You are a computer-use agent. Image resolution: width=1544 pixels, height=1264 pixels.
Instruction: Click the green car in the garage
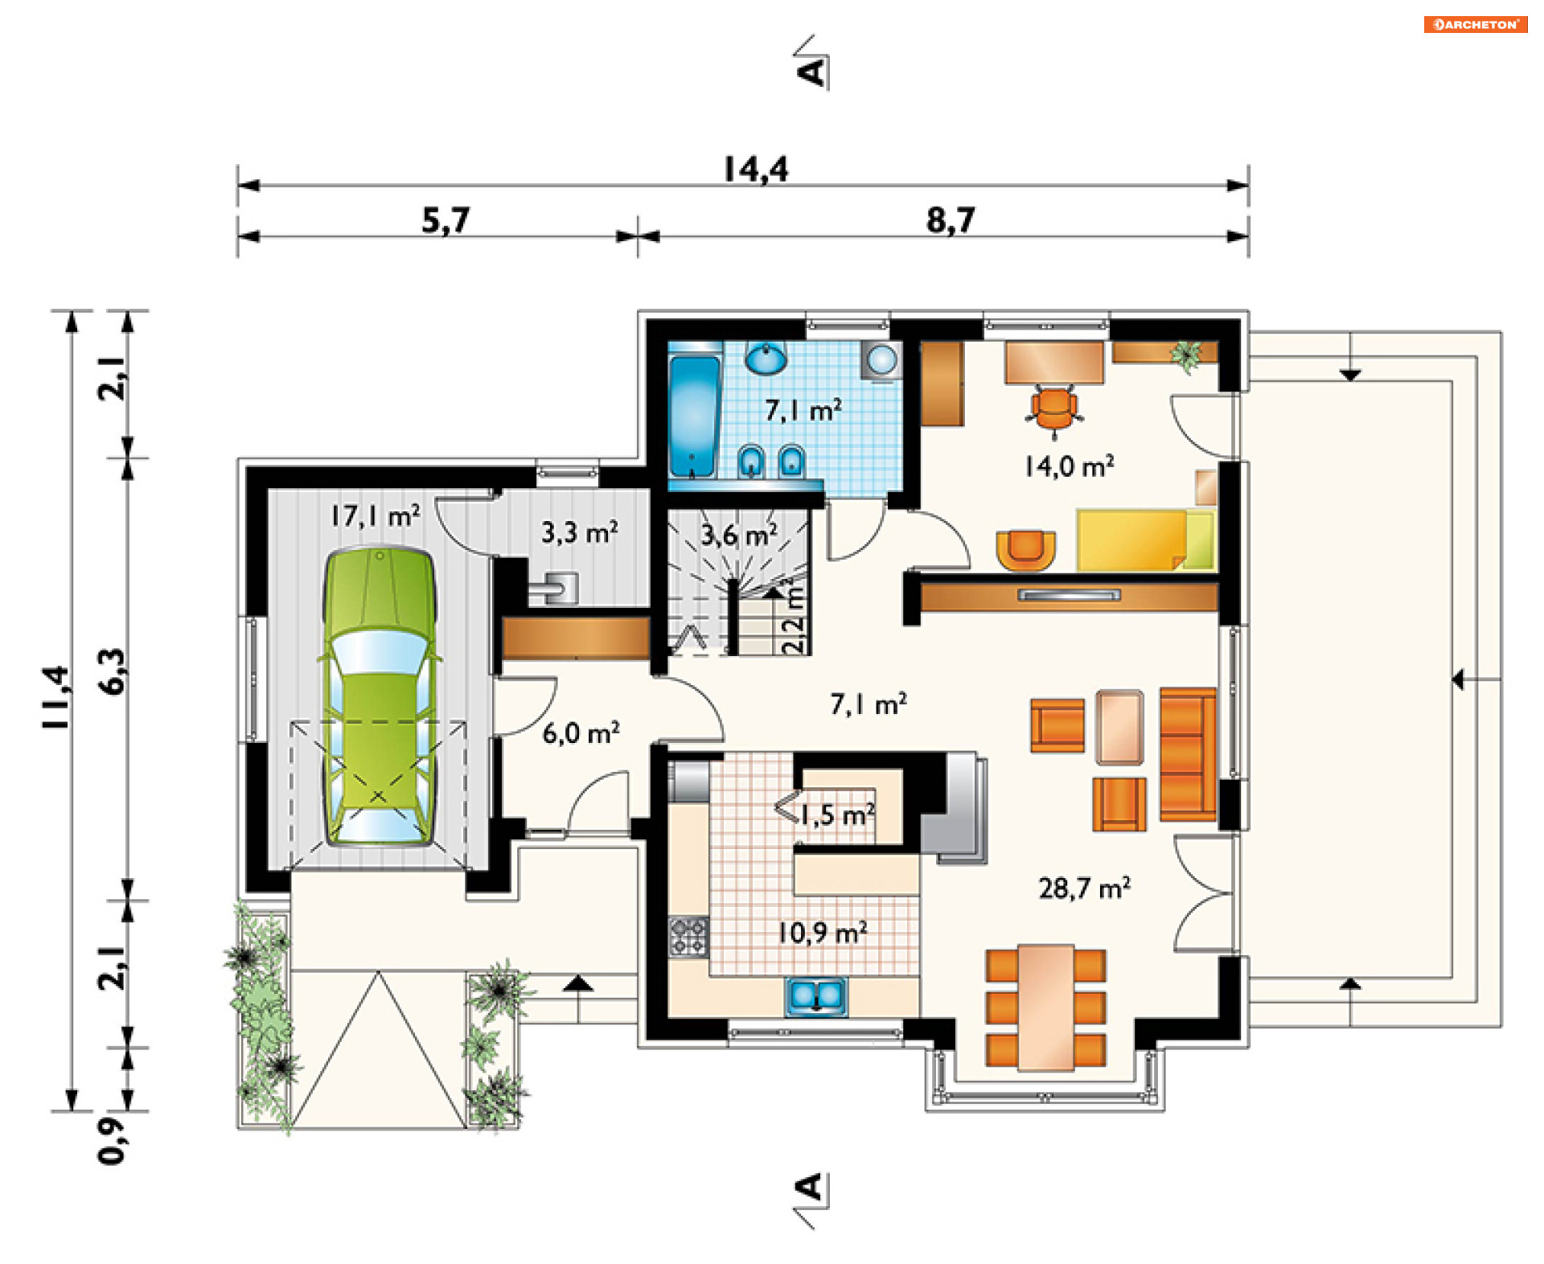[x=379, y=696]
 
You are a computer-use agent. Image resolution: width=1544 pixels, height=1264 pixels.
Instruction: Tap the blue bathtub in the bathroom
[x=693, y=417]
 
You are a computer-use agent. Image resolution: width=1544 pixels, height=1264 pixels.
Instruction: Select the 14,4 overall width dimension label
[x=756, y=170]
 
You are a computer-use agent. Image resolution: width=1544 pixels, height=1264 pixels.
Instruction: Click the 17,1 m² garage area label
[x=375, y=515]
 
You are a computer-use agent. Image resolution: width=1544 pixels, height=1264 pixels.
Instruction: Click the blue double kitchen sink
[x=815, y=996]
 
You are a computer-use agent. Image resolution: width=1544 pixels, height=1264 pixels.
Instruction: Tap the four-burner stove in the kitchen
[x=689, y=937]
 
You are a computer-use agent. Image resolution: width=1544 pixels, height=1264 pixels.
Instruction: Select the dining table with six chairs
[x=1045, y=1008]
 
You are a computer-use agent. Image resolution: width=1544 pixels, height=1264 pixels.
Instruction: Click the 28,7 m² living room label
[x=1084, y=888]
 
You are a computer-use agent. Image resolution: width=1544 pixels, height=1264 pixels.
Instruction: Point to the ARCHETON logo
[x=1475, y=24]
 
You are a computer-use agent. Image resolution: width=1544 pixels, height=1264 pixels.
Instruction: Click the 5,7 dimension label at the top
[x=446, y=220]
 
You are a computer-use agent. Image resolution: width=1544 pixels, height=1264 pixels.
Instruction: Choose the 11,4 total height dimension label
[x=56, y=698]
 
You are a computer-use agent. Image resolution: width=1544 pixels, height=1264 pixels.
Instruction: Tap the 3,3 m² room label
[x=579, y=531]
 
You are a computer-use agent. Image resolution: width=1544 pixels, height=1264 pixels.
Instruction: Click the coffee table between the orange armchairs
[x=1119, y=727]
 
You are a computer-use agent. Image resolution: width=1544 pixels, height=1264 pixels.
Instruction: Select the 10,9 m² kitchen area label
[x=822, y=933]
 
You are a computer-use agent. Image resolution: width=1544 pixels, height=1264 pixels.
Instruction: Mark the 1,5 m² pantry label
[x=836, y=815]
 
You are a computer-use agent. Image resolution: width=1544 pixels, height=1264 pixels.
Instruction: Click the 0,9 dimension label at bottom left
[x=112, y=1140]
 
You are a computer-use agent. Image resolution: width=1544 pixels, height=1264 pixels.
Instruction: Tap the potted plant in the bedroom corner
[x=1187, y=355]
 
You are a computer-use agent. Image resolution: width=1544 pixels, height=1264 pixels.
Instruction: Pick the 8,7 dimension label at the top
[x=951, y=220]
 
